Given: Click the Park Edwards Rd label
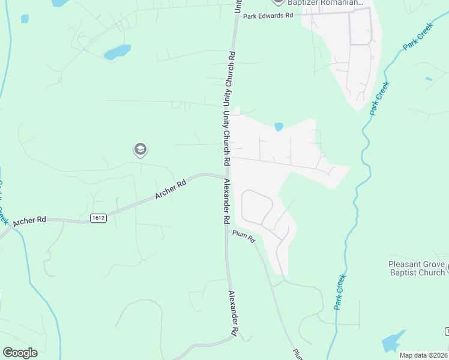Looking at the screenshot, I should coord(267,16).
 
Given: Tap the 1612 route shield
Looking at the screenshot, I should coord(98,218).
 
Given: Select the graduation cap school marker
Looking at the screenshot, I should coord(140,149).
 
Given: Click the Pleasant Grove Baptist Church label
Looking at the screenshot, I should coord(417,268).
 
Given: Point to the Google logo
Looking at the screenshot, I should coord(20,353).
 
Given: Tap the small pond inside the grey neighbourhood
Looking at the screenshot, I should coord(279,127).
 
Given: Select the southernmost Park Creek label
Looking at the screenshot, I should coord(340,292).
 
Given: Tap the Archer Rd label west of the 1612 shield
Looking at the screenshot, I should coord(29,221).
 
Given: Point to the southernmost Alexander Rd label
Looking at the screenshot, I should coord(234,314).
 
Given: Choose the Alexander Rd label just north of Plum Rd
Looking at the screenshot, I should coord(226,201).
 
